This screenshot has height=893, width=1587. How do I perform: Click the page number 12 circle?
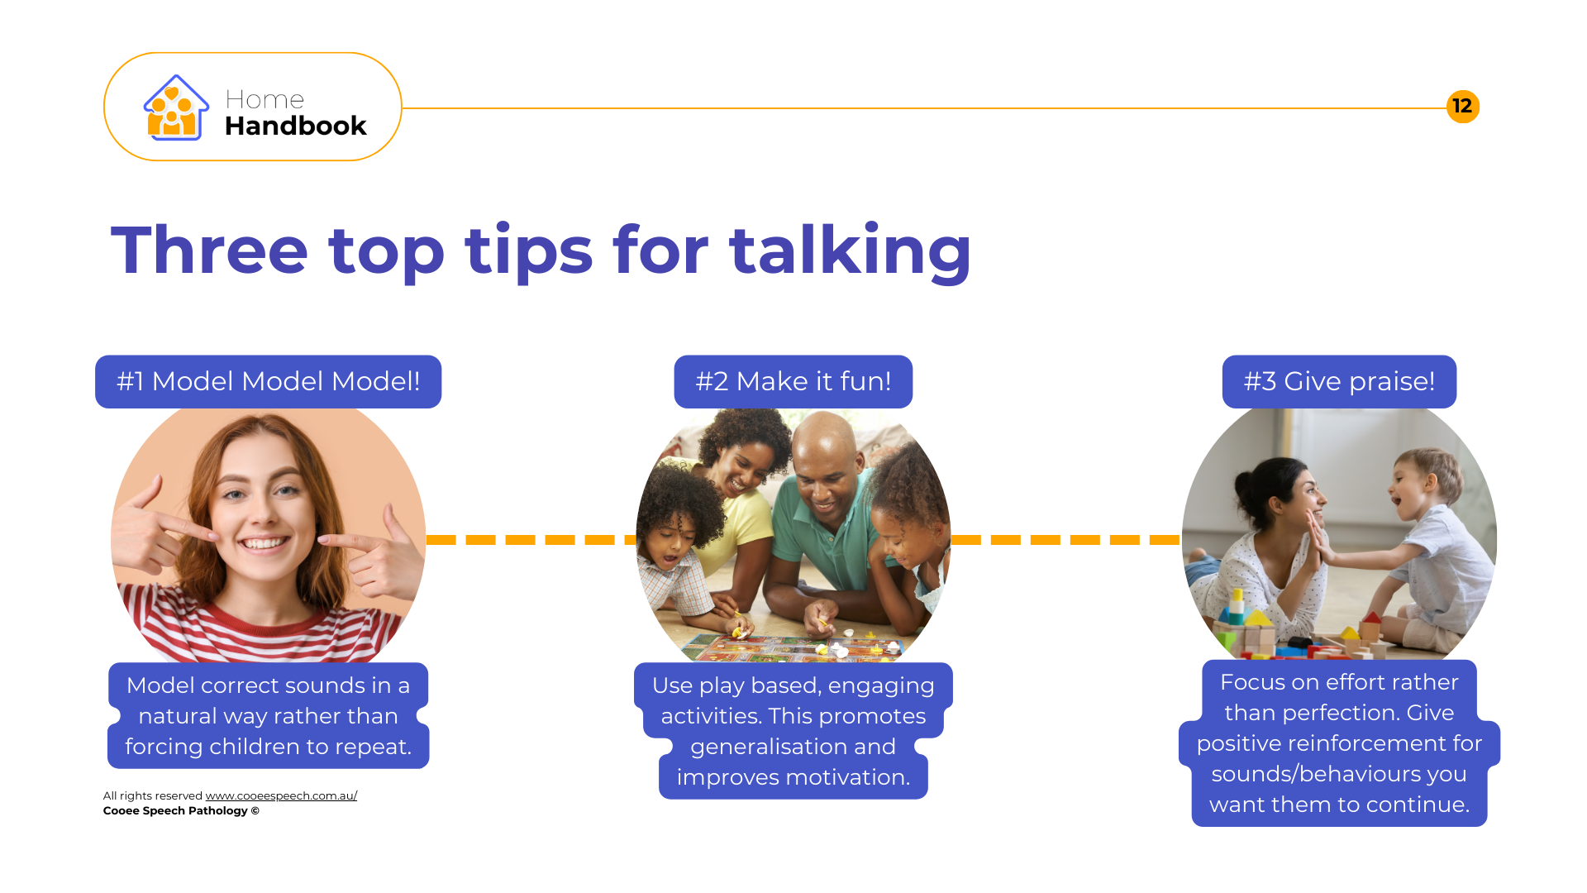1462,107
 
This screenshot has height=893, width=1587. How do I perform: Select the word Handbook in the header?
295,126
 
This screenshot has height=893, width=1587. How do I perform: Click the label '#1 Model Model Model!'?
268,381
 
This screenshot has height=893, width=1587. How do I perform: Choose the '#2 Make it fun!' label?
793,381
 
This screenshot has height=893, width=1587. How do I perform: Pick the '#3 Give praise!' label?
1339,381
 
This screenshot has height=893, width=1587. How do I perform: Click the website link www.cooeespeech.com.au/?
281,795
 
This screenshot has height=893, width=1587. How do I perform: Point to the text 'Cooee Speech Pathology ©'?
181,810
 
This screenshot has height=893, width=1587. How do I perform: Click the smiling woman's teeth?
264,543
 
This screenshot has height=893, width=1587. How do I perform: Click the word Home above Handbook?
264,100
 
